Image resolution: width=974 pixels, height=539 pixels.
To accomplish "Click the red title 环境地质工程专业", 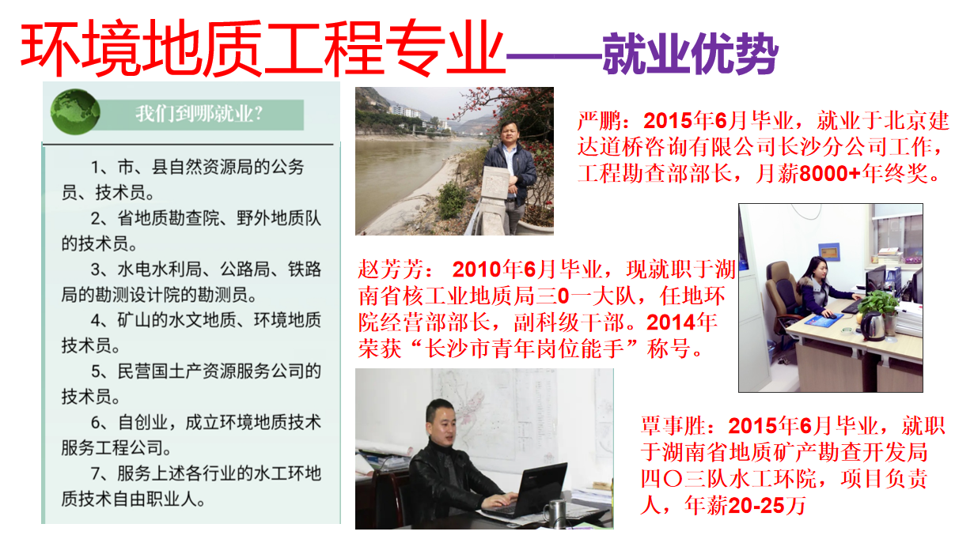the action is point(262,47).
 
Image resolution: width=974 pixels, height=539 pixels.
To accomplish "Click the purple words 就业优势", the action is point(691,54).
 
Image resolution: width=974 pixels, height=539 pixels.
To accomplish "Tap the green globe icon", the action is point(75,111).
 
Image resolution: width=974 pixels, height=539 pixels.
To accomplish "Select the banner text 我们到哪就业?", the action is point(199,114).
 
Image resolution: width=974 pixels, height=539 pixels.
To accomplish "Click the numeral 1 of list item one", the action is point(96,168).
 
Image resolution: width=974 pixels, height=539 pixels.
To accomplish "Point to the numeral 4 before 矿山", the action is point(96,321).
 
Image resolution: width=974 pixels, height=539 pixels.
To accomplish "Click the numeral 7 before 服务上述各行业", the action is point(96,473).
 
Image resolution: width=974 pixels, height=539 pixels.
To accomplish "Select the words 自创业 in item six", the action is point(143,422).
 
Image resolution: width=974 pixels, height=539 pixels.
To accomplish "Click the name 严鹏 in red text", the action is point(599,121).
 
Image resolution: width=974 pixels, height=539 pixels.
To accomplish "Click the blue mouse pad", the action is point(824,320).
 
